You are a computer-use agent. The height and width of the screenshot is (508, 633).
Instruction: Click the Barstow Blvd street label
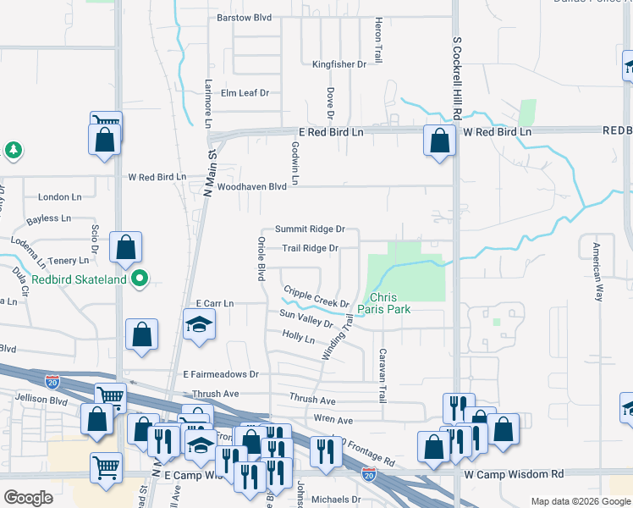point(244,17)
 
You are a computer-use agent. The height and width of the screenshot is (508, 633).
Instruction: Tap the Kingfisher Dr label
point(339,63)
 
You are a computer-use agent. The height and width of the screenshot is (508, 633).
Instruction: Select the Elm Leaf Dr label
point(245,93)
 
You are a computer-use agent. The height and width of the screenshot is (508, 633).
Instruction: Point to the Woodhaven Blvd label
point(252,187)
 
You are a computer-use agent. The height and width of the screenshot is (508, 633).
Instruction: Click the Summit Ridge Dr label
point(310,229)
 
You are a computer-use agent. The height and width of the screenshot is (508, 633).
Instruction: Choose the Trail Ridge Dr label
point(310,248)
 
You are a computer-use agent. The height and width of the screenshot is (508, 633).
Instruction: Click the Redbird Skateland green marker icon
point(142,277)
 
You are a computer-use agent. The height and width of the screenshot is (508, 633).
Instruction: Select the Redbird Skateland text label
point(79,279)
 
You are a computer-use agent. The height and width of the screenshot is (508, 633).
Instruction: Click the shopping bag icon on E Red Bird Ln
point(439,141)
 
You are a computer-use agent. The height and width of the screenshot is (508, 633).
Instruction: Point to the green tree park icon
point(13,151)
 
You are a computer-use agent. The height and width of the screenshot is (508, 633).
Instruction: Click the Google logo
point(30,498)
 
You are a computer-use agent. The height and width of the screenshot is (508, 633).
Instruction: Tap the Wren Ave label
point(333,420)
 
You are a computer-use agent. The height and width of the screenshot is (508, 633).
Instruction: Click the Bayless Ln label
point(48,218)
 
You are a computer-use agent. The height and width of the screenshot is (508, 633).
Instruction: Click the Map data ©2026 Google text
point(580,501)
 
